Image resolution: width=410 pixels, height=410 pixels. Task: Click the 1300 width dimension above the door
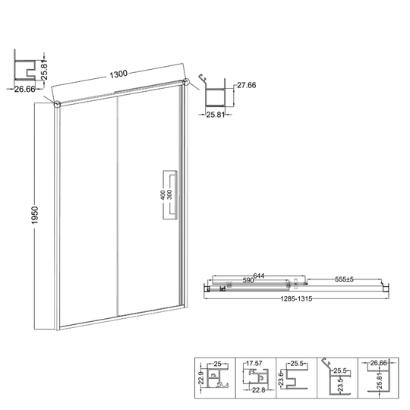(x=118, y=74)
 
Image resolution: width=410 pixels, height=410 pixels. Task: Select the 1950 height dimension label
(x=35, y=215)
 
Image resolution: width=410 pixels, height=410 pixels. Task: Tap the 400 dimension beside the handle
(x=162, y=195)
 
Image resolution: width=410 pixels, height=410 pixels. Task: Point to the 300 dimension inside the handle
(x=169, y=195)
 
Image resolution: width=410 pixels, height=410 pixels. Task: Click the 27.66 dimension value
(x=247, y=85)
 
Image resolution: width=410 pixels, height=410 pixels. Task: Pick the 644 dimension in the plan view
(x=259, y=276)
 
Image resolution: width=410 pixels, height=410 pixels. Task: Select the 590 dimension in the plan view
(x=248, y=280)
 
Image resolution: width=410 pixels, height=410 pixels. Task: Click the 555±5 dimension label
(x=344, y=279)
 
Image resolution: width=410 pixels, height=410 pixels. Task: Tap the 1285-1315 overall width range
(x=296, y=299)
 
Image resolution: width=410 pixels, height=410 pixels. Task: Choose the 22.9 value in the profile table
(x=200, y=378)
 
